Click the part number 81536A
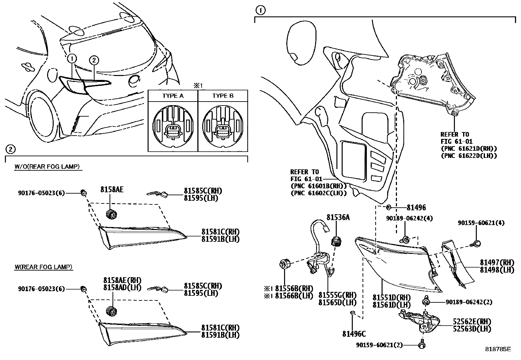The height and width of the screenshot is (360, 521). pos(338,217)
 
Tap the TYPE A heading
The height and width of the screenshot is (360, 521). pos(173,96)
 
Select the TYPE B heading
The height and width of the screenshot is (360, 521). pos(223,96)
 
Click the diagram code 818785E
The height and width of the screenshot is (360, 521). pos(497,349)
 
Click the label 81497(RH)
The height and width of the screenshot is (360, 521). pos(495,262)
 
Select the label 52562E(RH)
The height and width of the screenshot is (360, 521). pos(472,322)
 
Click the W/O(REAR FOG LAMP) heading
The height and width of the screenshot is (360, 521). pos(47,166)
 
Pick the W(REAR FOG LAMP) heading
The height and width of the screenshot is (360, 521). pos(44,267)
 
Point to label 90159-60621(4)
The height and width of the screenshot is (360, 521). pos(481,223)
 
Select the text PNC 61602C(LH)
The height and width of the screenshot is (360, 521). pos(318,193)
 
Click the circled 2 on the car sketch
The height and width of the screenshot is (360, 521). pos(94,60)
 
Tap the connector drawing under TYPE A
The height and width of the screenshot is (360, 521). pos(173,132)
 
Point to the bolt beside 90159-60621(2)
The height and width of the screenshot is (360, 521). pos(422,345)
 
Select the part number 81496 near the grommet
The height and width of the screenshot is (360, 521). pos(416,207)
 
